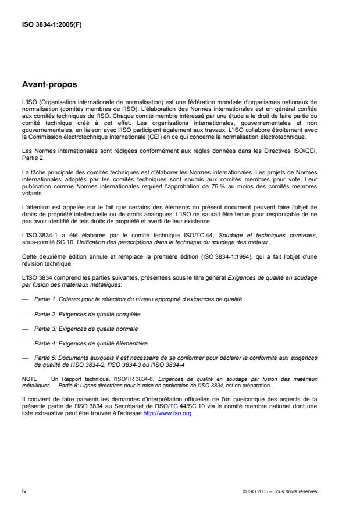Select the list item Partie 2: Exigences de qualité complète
click(x=87, y=314)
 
